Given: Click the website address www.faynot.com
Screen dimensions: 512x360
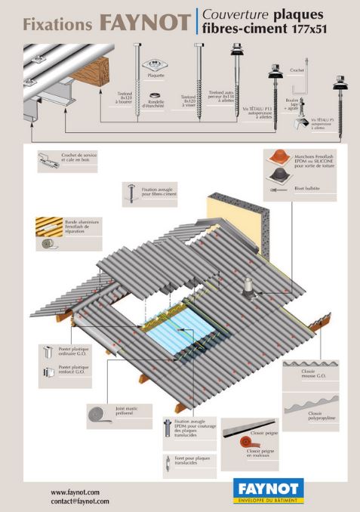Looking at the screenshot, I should (x=75, y=492).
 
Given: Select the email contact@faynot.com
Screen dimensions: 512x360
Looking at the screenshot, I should (x=80, y=501).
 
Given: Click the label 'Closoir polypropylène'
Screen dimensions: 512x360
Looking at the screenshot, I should (x=316, y=415).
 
